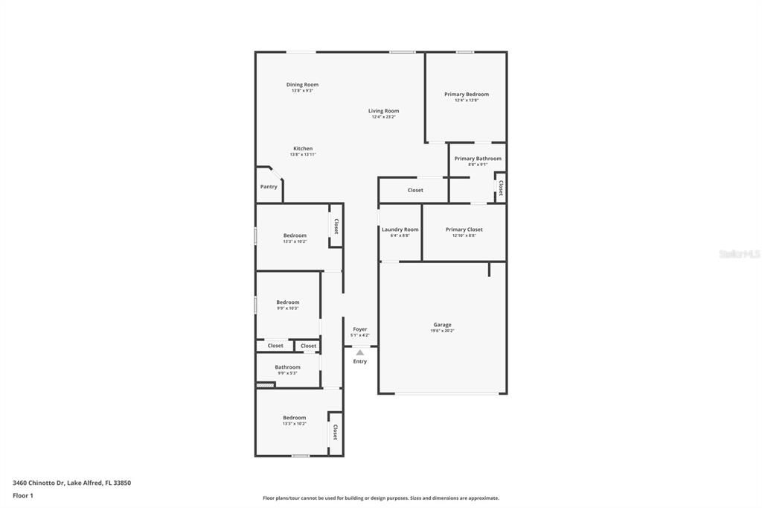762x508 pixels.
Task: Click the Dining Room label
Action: coord(302,85)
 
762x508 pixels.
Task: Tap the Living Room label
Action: coord(383,111)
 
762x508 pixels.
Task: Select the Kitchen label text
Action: coord(303,148)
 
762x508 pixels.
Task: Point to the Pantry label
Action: coord(269,186)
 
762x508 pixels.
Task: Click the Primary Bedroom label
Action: coord(467,95)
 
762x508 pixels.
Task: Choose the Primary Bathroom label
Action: coord(478,159)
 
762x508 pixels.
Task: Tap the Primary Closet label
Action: coord(464,229)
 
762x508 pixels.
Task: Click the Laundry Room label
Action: coord(400,229)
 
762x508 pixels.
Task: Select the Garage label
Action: coord(443,325)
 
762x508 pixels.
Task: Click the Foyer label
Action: coord(360,329)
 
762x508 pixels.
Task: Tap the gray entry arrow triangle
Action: coord(360,352)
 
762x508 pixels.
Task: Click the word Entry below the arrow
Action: coord(360,361)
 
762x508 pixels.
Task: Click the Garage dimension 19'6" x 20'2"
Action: coord(443,331)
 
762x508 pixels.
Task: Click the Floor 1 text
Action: coord(23,495)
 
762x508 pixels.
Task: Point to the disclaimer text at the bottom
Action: coord(380,498)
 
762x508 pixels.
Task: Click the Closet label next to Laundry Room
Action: coord(415,190)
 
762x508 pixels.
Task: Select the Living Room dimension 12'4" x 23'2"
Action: coord(383,117)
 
